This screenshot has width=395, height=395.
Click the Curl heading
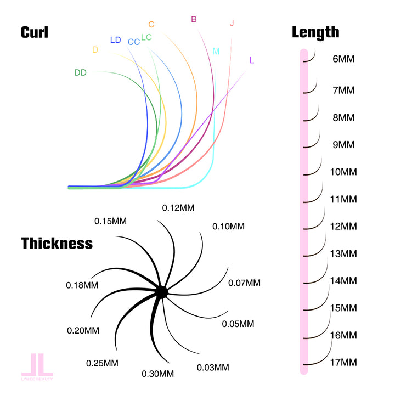(35, 32)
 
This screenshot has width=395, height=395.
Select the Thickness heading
(57, 243)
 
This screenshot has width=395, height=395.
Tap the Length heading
(315, 32)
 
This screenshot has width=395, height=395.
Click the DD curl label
(80, 72)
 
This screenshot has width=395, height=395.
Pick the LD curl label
(115, 40)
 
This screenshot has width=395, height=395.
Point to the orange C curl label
(151, 24)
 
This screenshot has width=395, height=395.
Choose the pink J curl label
(232, 23)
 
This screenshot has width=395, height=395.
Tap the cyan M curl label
(216, 52)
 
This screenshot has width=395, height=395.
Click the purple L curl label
(251, 60)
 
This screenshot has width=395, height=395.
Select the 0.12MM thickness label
(178, 207)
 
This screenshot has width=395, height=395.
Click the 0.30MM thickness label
(158, 374)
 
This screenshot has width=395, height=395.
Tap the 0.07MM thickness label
(244, 283)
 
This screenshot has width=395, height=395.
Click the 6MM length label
(344, 58)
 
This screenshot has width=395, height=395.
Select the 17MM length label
(344, 362)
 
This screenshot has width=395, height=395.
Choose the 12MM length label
(344, 226)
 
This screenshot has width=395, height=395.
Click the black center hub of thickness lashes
(161, 292)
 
